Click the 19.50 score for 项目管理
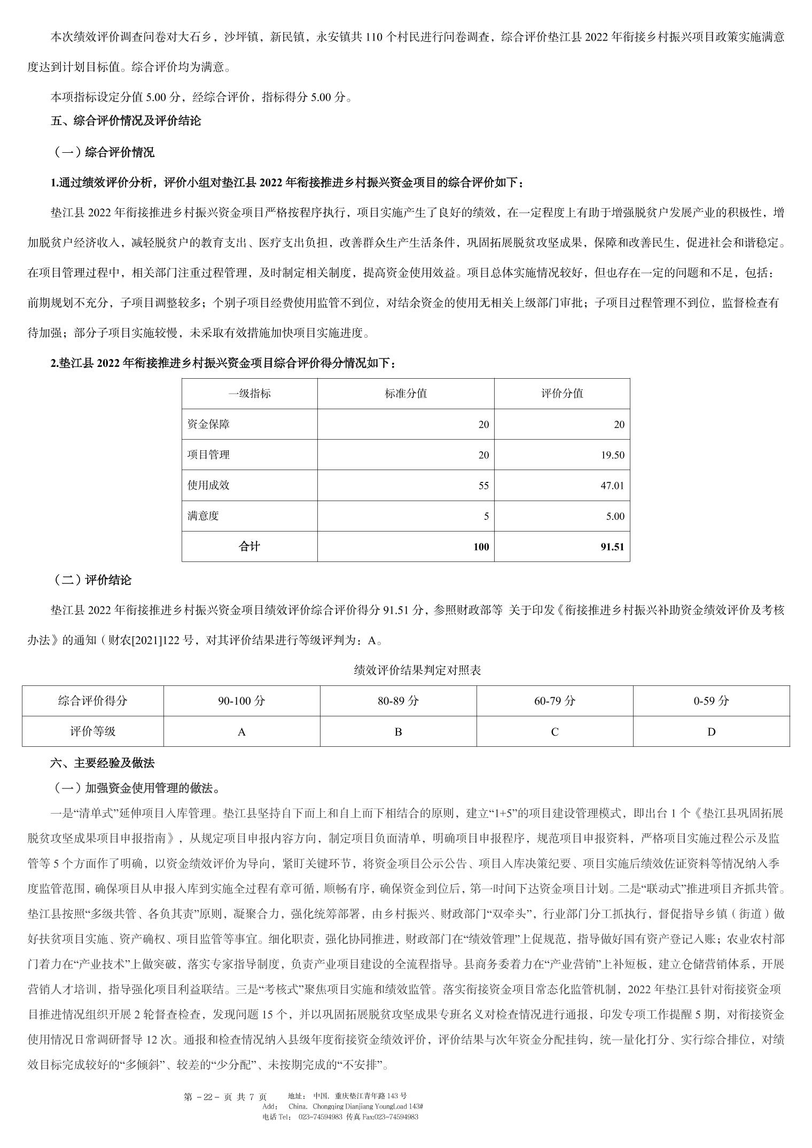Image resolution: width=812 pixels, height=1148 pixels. click(x=612, y=455)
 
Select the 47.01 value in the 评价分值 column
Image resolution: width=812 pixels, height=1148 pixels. click(x=612, y=486)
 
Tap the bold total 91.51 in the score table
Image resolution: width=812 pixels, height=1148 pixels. click(x=612, y=546)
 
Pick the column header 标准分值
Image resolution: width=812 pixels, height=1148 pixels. click(x=405, y=394)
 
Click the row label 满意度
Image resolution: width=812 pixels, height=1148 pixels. click(x=203, y=516)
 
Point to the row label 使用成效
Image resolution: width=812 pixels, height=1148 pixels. click(x=208, y=486)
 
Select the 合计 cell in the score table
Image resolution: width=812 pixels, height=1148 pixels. click(x=249, y=546)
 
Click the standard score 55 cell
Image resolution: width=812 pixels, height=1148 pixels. click(x=483, y=486)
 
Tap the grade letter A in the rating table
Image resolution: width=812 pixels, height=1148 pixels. click(x=241, y=732)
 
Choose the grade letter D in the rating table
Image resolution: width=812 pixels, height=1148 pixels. click(x=711, y=732)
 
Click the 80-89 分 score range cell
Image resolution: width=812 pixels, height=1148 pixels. click(x=398, y=701)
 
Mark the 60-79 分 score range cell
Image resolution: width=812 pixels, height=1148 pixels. click(x=555, y=701)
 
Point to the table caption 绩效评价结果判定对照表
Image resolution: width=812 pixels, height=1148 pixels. click(x=417, y=670)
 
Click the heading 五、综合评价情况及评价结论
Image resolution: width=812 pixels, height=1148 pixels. click(x=126, y=121)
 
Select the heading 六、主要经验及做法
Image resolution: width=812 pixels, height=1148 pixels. click(x=102, y=763)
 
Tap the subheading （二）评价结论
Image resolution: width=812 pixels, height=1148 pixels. click(x=91, y=580)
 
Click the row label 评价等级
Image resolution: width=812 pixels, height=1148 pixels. click(x=92, y=732)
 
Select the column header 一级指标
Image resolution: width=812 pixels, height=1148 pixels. click(x=249, y=394)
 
